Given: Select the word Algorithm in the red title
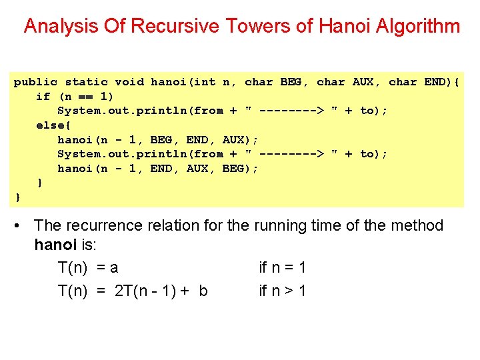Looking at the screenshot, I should (418, 26).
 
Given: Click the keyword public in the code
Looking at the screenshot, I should (35, 82).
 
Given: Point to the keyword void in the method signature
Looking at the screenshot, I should (129, 82).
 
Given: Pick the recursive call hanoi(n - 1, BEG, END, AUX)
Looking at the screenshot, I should (158, 139).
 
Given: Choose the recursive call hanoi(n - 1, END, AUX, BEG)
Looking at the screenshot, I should (158, 168).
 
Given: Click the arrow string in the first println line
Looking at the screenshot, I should (291, 111).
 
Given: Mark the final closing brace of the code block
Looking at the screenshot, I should (18, 197).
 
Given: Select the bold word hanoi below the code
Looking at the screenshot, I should (55, 245).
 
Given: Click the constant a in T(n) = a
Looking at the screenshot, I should (114, 268).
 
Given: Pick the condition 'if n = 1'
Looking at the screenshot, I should (282, 268).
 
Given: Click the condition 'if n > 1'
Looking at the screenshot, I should (282, 291).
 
